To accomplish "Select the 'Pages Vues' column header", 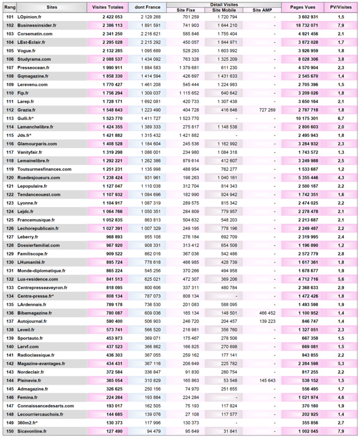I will [301, 7].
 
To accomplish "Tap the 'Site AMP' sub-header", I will [262, 10].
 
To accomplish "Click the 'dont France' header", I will [147, 7].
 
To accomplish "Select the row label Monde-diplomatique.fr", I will [41, 270].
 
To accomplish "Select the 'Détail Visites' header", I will [224, 5].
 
